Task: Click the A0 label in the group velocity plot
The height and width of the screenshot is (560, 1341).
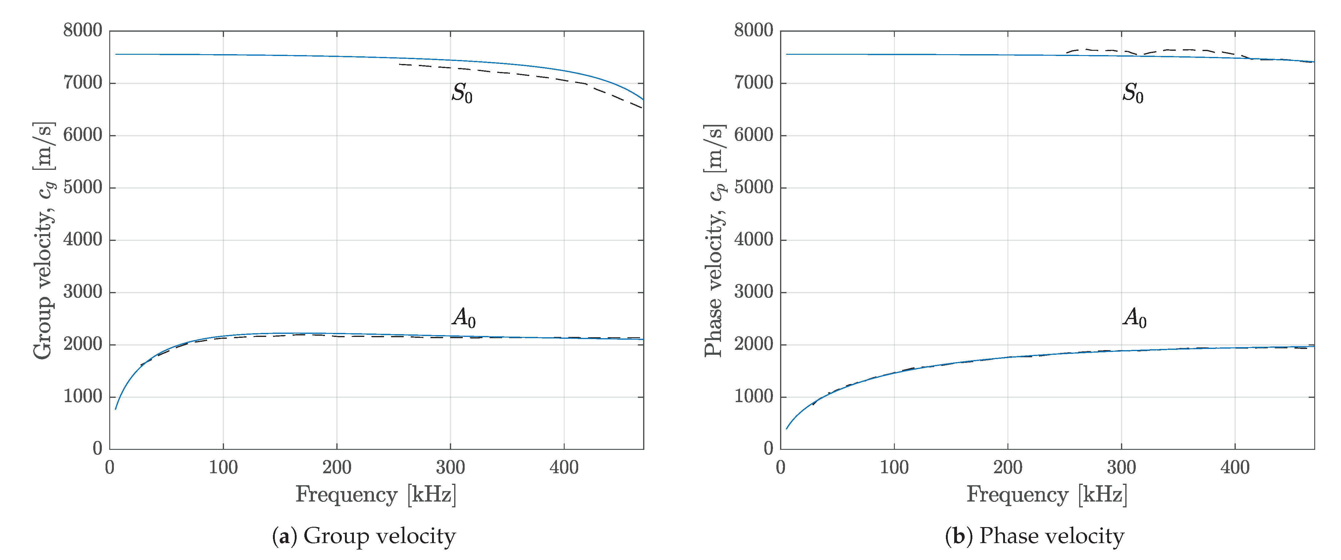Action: (x=463, y=318)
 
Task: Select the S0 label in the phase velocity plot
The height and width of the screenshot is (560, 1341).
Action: (x=1133, y=94)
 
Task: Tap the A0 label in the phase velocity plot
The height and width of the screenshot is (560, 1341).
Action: (x=1134, y=318)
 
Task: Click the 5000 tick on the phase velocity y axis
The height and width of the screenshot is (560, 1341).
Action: (x=754, y=187)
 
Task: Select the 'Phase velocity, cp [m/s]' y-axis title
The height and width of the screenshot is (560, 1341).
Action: (x=714, y=240)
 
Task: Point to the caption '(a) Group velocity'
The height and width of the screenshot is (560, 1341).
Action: (x=364, y=536)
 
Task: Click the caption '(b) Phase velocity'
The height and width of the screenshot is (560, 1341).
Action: (x=1035, y=536)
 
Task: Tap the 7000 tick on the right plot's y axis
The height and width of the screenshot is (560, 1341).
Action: (x=754, y=83)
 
